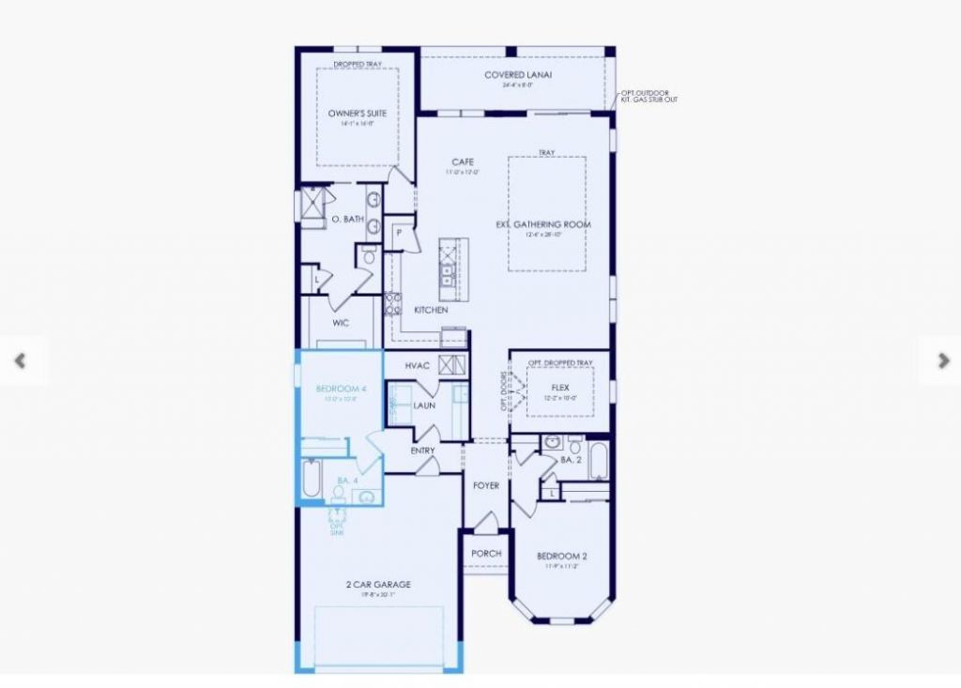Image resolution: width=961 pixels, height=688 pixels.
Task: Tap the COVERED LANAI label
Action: [x=511, y=75]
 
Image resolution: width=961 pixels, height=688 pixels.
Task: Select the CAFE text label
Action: [x=463, y=162]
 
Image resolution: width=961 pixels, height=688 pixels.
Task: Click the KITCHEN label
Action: [x=431, y=310]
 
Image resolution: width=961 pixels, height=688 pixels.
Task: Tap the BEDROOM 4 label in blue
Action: [x=338, y=390]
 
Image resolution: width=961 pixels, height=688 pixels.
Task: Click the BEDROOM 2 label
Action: [x=561, y=556]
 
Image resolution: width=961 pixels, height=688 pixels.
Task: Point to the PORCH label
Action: [x=486, y=554]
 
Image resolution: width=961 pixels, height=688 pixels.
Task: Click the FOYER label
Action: [x=486, y=485]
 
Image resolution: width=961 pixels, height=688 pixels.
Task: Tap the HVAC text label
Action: [x=418, y=365]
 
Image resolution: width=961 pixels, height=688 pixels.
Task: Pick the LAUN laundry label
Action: [x=425, y=405]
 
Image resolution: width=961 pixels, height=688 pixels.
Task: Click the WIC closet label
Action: [x=341, y=323]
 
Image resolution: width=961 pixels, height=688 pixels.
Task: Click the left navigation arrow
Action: [x=20, y=360]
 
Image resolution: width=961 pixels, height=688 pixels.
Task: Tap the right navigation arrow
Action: [x=942, y=360]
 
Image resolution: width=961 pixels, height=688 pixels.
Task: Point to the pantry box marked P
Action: [x=399, y=232]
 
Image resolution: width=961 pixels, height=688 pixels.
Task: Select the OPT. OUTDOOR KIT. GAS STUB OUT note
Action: [x=648, y=97]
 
